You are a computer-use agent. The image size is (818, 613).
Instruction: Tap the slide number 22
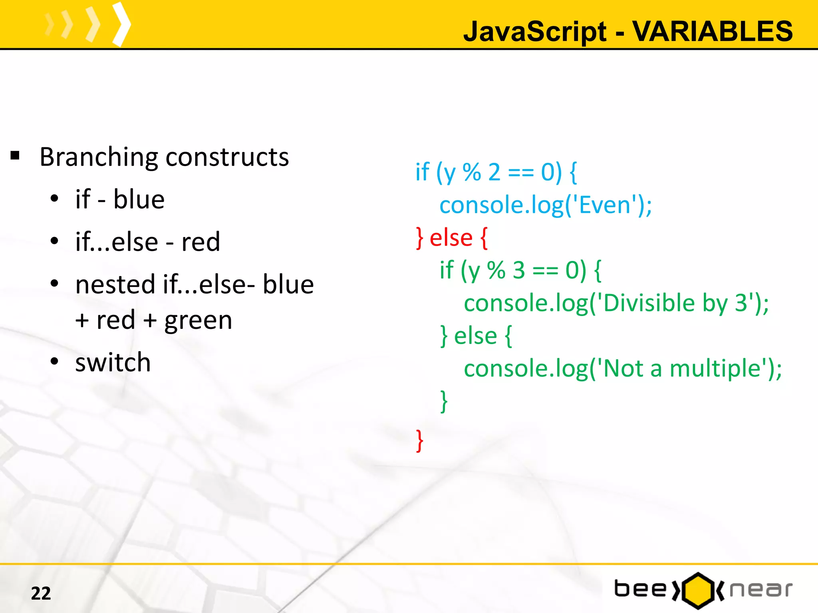click(x=41, y=593)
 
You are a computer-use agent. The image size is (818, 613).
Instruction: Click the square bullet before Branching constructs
click(x=15, y=156)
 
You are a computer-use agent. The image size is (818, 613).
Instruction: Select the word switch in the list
click(x=113, y=362)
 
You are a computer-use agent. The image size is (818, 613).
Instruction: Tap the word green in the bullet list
click(x=198, y=320)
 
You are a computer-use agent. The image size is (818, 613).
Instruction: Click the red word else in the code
click(x=451, y=238)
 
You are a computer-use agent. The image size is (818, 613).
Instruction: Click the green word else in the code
click(x=475, y=336)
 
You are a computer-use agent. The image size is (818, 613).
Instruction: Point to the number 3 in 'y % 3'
click(x=518, y=270)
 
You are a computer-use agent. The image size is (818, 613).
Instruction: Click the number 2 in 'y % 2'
click(x=494, y=172)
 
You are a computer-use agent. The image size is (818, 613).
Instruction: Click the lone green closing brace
click(x=444, y=401)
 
